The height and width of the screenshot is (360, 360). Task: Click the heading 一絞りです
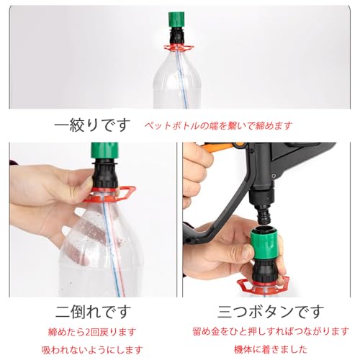[93, 125]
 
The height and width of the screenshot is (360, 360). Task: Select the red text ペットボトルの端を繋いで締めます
[218, 125]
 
